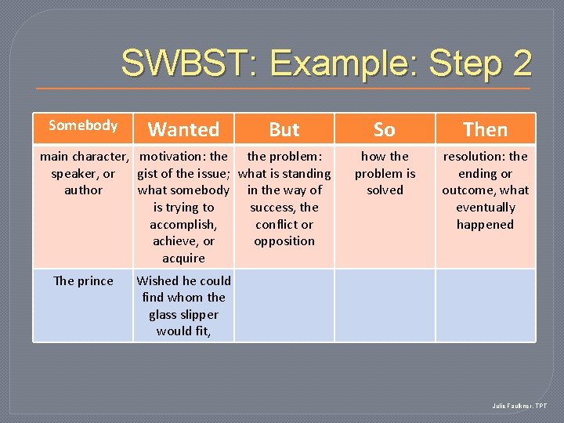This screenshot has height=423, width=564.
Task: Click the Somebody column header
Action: click(x=82, y=125)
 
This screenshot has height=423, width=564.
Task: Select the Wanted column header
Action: click(x=183, y=129)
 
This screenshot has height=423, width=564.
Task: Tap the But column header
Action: click(x=284, y=129)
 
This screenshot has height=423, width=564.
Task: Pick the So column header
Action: click(x=385, y=129)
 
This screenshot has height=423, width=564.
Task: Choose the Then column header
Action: click(x=485, y=129)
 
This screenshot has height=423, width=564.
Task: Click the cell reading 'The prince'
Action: click(x=83, y=281)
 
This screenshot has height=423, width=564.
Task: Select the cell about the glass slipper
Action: click(x=184, y=305)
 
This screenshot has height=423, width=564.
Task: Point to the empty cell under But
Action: click(x=284, y=305)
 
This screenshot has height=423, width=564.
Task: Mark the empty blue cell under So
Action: click(x=385, y=305)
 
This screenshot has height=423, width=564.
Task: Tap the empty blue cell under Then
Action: click(x=485, y=305)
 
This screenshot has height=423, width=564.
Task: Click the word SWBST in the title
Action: click(x=182, y=63)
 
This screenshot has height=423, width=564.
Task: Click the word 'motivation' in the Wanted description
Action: click(x=172, y=157)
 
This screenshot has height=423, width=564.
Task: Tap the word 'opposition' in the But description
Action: click(x=284, y=241)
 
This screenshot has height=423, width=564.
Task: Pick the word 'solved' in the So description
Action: click(x=385, y=190)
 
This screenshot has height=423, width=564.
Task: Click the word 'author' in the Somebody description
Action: click(x=83, y=190)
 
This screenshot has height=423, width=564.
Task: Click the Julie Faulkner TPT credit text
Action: click(x=520, y=406)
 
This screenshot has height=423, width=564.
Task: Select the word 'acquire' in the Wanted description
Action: click(x=183, y=258)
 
